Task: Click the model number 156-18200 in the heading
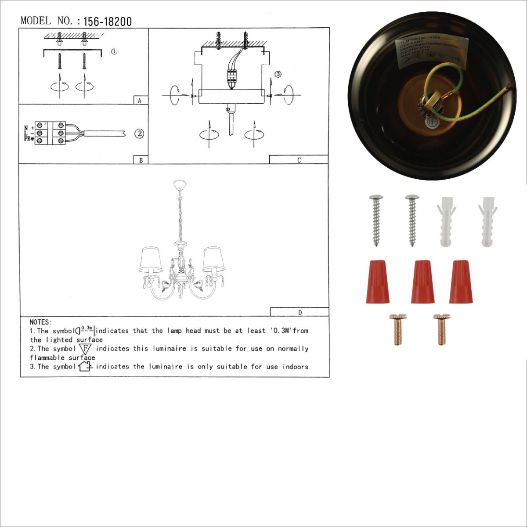[x=107, y=22]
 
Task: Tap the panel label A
[x=140, y=101]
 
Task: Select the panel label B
[x=141, y=160]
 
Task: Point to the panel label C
[x=299, y=160]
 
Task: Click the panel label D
[x=300, y=313]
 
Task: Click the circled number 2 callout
[x=139, y=134]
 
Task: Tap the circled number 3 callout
[x=278, y=74]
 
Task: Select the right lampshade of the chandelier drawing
[x=213, y=259]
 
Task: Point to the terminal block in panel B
[x=51, y=133]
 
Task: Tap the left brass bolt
[x=397, y=329]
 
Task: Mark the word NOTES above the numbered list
[x=41, y=322]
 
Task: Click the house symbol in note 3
[x=84, y=366]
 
